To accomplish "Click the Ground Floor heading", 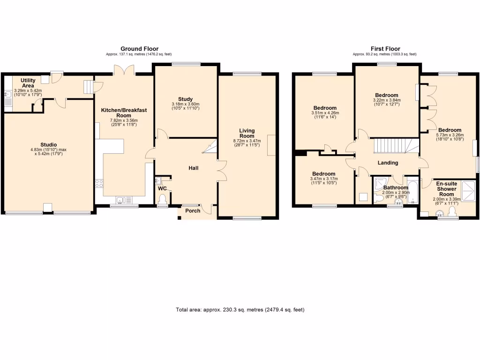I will pyautogui.click(x=139, y=49).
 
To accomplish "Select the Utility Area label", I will pyautogui.click(x=28, y=83).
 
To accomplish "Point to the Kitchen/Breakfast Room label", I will pyautogui.click(x=124, y=112).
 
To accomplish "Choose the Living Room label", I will pyautogui.click(x=247, y=133).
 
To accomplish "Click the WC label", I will pyautogui.click(x=162, y=188).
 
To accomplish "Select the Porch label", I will pyautogui.click(x=193, y=211).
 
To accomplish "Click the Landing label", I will pyautogui.click(x=388, y=163).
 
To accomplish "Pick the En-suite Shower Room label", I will pyautogui.click(x=446, y=189).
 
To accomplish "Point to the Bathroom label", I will pyautogui.click(x=396, y=187).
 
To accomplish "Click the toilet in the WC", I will pyautogui.click(x=163, y=201).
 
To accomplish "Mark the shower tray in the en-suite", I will pyautogui.click(x=470, y=189).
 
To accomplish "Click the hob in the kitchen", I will pyautogui.click(x=99, y=183).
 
